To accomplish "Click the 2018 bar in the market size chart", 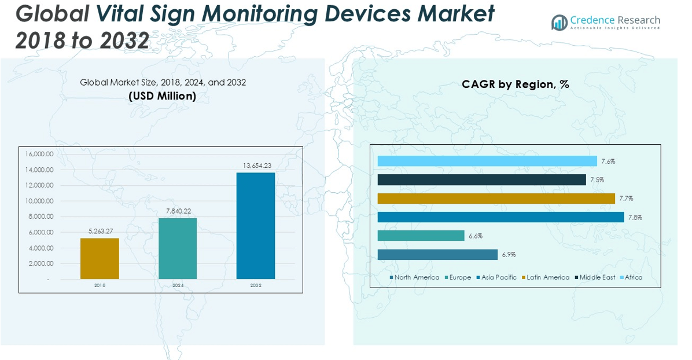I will point(100,258).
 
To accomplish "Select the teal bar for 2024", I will point(178,248).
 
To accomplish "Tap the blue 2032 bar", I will point(256,226).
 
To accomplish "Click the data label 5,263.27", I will point(100,232).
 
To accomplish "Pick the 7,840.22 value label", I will point(178,211).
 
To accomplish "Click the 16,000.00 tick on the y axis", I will point(39,154).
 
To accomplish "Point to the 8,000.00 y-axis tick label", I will point(39,216).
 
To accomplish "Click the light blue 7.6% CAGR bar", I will point(487,161).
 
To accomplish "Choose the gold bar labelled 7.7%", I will point(496,199).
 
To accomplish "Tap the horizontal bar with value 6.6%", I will point(421,236).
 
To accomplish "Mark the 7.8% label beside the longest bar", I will point(635,218).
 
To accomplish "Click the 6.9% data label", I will point(509,255).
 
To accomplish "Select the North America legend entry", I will point(414,277).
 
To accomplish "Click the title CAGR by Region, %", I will point(515,85).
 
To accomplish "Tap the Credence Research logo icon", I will point(559,23).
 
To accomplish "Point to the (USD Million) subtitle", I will point(163,96).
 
